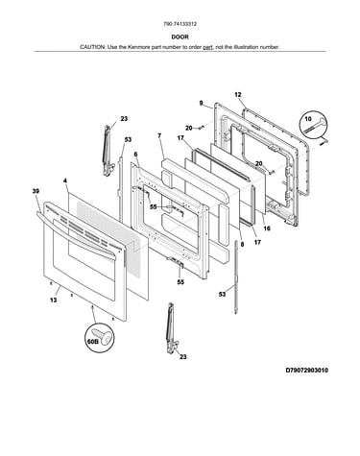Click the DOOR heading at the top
pyautogui.click(x=180, y=36)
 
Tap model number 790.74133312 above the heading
pyautogui.click(x=180, y=24)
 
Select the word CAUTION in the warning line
pyautogui.click(x=92, y=47)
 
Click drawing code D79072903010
pyautogui.click(x=307, y=371)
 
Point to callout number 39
pyautogui.click(x=36, y=191)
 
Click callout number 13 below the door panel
pyautogui.click(x=54, y=300)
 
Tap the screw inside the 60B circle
pyautogui.click(x=103, y=338)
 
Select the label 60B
pyautogui.click(x=92, y=342)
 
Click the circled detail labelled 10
pyautogui.click(x=313, y=125)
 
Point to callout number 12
pyautogui.click(x=238, y=95)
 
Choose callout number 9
pyautogui.click(x=201, y=103)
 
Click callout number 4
pyautogui.click(x=65, y=181)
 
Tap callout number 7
pyautogui.click(x=159, y=135)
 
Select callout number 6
pyautogui.click(x=135, y=155)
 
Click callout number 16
pyautogui.click(x=267, y=228)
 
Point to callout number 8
pyautogui.click(x=242, y=244)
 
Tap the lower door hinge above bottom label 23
pyautogui.click(x=171, y=328)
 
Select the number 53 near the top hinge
pyautogui.click(x=128, y=140)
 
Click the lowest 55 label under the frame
pyautogui.click(x=180, y=282)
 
